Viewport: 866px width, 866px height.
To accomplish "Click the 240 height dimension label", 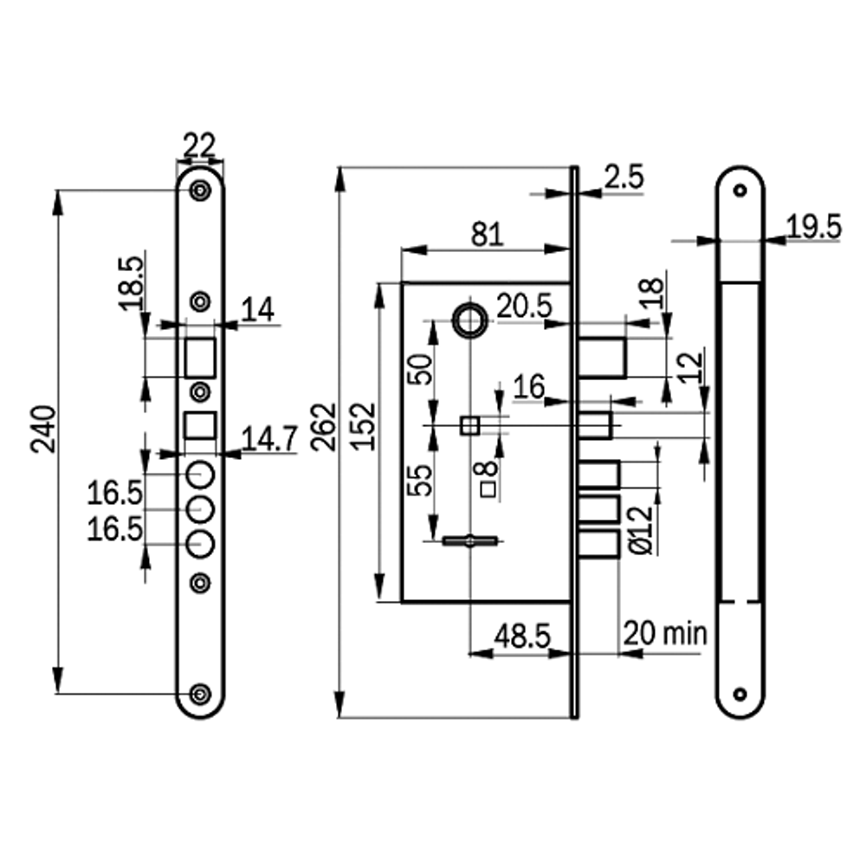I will pyautogui.click(x=44, y=430).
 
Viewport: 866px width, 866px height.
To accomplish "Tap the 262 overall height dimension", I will pyautogui.click(x=322, y=425).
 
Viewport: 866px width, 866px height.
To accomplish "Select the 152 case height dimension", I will pyautogui.click(x=365, y=425).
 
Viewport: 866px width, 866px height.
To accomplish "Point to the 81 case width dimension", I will pyautogui.click(x=487, y=235).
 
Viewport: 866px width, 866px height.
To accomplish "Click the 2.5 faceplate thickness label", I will pyautogui.click(x=624, y=178).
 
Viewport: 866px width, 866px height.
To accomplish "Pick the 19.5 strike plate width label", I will pyautogui.click(x=813, y=227).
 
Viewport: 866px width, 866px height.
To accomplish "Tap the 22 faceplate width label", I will pyautogui.click(x=199, y=145).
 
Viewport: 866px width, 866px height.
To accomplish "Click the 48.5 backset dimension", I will pyautogui.click(x=522, y=637).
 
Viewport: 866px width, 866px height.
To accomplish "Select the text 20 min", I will pyautogui.click(x=665, y=633).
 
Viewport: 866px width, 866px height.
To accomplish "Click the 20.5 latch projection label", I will pyautogui.click(x=524, y=305).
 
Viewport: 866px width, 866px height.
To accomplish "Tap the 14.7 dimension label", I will pyautogui.click(x=268, y=439).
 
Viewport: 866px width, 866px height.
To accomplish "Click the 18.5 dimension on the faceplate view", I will pyautogui.click(x=131, y=281).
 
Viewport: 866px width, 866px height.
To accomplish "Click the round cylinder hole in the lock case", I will pyautogui.click(x=469, y=320).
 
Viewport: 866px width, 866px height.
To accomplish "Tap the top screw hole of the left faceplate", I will pyautogui.click(x=200, y=191).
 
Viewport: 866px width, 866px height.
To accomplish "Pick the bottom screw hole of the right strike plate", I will pyautogui.click(x=740, y=694).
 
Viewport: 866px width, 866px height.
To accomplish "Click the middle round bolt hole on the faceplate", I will pyautogui.click(x=200, y=509).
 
